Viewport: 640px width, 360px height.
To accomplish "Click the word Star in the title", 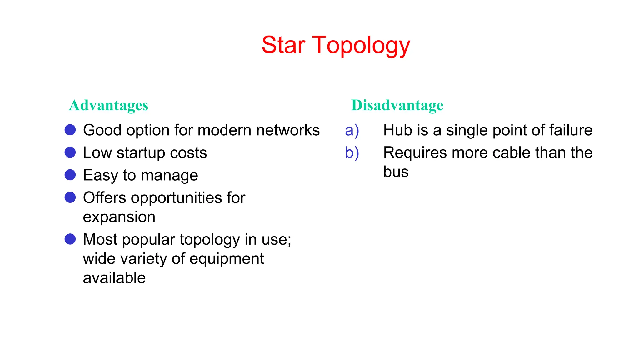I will point(283,45).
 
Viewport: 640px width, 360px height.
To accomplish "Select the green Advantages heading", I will point(108,105).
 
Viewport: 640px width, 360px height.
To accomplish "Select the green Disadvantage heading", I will point(397,105).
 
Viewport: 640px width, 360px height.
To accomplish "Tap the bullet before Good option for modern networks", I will point(70,130).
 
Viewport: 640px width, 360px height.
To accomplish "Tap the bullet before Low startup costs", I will point(70,152).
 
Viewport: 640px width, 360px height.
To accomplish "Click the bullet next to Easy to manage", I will point(70,175).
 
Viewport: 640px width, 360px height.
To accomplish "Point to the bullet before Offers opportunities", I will point(70,197).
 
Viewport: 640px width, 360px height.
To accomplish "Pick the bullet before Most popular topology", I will point(70,239).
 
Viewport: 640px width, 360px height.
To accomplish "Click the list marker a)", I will point(352,130).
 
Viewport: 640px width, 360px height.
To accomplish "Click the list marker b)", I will point(352,153).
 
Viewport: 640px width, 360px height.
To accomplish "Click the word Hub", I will point(394,130).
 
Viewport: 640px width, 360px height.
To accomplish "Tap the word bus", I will point(396,172).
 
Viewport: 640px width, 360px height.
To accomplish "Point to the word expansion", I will point(119,217).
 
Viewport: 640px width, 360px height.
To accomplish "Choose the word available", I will point(114,278).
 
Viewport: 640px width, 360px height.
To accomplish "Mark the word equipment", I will point(227,259).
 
